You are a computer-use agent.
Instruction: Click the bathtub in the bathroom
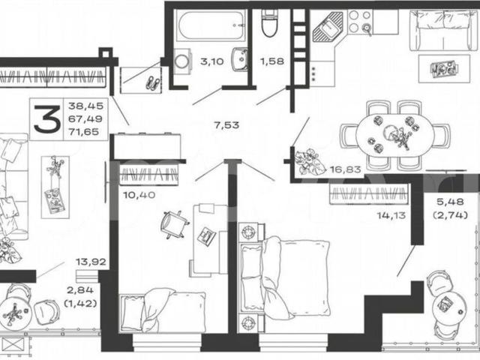point(211,25)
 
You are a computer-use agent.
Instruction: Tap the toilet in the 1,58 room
point(270,23)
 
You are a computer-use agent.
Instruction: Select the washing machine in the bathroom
point(183,61)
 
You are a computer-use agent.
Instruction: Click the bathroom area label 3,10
point(211,61)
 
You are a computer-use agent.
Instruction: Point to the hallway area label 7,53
point(226,125)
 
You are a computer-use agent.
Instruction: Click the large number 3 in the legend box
point(46,119)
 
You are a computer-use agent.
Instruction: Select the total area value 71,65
point(83,132)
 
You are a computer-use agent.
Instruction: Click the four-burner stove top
point(360,22)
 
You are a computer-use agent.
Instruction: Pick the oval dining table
point(394,134)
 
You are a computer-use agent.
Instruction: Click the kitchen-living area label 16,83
point(346,169)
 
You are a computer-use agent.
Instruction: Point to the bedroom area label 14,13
point(391,215)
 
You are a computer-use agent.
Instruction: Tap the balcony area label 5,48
point(450,202)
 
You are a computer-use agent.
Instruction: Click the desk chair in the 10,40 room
point(173,224)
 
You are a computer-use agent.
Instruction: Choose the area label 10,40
point(139,195)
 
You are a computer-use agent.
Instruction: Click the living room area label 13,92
point(91,262)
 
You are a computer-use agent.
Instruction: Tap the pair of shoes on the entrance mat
point(152,82)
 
